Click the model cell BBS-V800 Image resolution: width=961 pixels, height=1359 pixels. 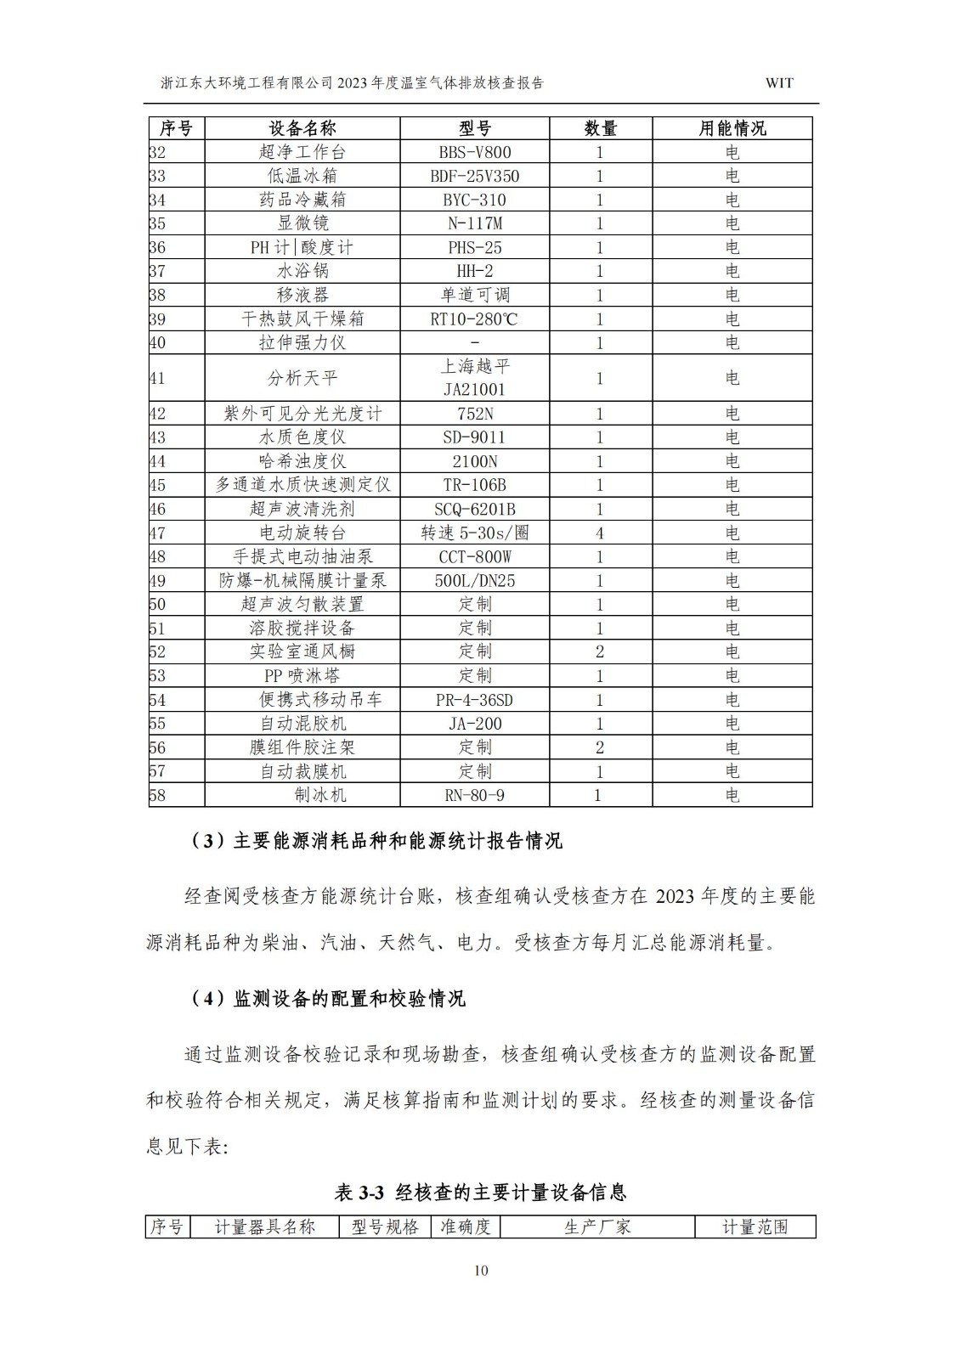[475, 152]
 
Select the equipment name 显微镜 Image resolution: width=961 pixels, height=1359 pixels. [302, 223]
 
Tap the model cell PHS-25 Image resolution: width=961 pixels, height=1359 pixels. [475, 247]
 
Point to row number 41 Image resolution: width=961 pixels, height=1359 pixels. [158, 378]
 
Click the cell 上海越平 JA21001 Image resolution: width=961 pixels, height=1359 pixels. [475, 378]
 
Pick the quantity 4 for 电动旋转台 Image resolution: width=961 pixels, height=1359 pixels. [600, 533]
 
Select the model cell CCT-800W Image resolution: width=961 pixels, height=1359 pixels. [475, 557]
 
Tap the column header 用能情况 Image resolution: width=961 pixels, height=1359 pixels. [732, 128]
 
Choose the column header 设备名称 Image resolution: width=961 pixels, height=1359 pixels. [302, 128]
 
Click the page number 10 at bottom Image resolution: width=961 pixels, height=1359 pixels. [481, 1271]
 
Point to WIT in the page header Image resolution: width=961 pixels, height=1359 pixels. [779, 83]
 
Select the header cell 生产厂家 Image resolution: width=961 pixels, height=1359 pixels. [597, 1226]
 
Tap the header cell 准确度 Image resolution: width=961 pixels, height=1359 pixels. [465, 1226]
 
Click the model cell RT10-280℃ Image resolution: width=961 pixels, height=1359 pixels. [475, 319]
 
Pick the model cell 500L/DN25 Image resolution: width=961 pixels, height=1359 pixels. [475, 581]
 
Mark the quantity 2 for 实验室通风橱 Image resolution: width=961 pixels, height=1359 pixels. [600, 651]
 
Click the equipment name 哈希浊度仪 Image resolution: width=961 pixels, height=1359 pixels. [302, 461]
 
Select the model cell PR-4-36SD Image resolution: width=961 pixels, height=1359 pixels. [475, 700]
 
